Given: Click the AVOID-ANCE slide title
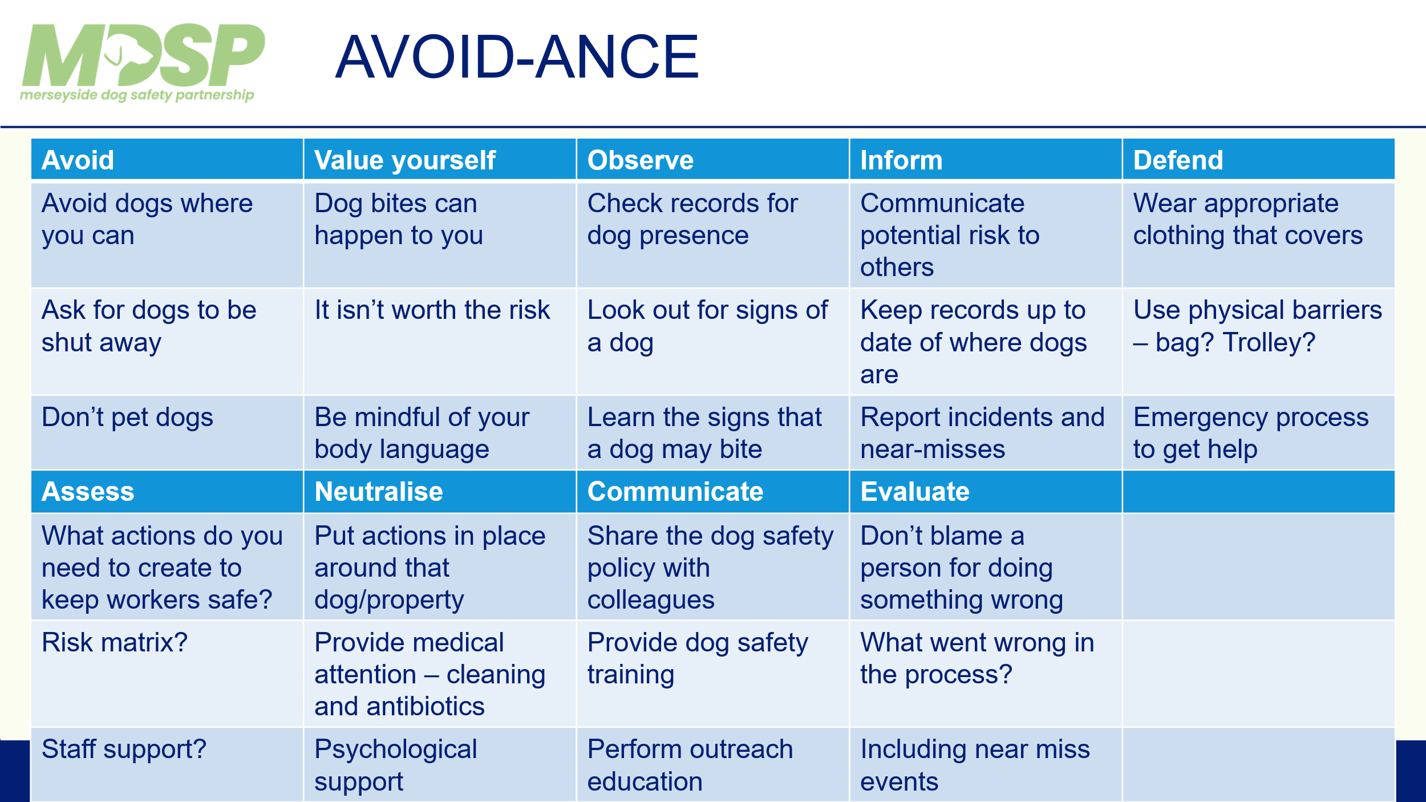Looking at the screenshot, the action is [x=517, y=57].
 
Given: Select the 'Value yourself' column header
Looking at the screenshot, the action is [x=440, y=160].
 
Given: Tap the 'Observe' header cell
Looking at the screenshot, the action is [x=712, y=160].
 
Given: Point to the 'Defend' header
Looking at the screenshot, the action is [x=1258, y=160].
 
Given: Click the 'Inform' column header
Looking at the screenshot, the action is [x=986, y=160].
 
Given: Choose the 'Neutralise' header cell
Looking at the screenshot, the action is [x=440, y=492].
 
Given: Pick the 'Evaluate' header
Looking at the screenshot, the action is [x=986, y=492].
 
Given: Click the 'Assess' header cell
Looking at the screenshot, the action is [x=167, y=492].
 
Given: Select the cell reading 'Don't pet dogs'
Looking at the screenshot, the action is [x=167, y=433].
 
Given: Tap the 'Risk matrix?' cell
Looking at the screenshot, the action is [x=167, y=674].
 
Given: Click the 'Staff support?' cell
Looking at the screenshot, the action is [x=167, y=764].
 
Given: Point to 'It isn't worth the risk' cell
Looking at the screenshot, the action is [x=440, y=342].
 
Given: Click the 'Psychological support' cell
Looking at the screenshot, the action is [x=440, y=764].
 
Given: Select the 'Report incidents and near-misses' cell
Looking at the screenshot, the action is [x=986, y=433].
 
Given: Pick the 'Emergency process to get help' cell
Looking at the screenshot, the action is [x=1258, y=433].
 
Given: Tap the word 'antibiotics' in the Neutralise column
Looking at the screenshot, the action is [x=426, y=707].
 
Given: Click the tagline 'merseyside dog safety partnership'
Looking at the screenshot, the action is [x=137, y=95].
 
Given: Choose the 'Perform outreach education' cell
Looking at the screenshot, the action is [x=712, y=764].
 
